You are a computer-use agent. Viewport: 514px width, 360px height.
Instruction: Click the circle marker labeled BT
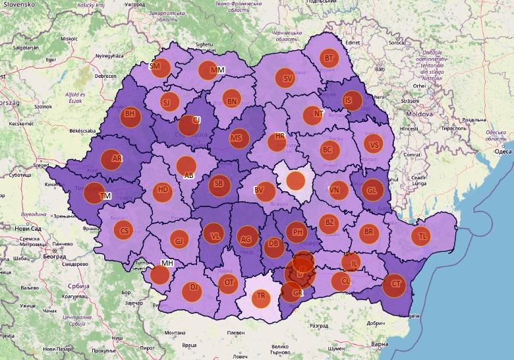(328, 58)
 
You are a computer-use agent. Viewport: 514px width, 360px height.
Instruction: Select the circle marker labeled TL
(421, 235)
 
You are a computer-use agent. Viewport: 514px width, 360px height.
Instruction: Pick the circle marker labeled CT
(395, 285)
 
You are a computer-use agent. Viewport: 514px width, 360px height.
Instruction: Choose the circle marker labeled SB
(219, 185)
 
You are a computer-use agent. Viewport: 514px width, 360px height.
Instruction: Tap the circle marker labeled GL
(372, 189)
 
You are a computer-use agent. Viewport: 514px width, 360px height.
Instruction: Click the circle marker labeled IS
(349, 101)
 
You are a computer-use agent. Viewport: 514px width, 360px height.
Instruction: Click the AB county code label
(189, 176)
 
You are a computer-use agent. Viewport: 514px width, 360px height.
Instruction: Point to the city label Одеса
(503, 152)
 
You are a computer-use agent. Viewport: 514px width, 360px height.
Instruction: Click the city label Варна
(380, 344)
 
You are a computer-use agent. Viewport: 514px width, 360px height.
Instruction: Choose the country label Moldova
(418, 114)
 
